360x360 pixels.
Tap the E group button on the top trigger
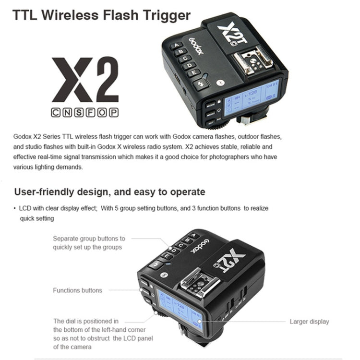pos(194,73)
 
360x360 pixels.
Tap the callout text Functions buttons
pos(77,290)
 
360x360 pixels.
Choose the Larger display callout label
pos(309,322)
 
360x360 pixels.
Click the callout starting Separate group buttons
pos(88,242)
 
